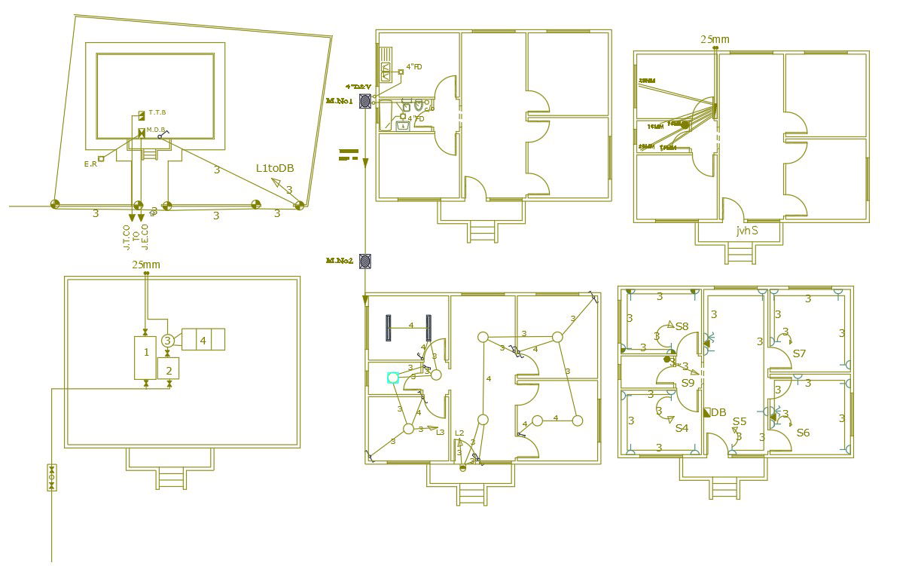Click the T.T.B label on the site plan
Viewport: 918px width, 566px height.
(157, 112)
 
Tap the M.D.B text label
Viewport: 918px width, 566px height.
(156, 130)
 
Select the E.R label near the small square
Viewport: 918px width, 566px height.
(90, 164)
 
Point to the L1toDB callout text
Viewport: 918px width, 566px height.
(274, 168)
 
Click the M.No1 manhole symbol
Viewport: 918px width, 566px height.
(365, 100)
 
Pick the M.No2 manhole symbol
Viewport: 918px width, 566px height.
(365, 261)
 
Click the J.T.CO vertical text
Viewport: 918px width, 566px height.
(127, 237)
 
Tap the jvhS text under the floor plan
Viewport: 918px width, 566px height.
(747, 231)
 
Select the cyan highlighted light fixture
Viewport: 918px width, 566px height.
(392, 378)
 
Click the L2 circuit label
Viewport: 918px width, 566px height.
(459, 433)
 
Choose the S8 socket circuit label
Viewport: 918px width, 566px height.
(682, 326)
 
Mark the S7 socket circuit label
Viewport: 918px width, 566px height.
(799, 353)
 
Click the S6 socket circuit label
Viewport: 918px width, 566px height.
(803, 433)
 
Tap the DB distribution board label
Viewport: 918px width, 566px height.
(718, 412)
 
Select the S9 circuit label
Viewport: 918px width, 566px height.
(688, 383)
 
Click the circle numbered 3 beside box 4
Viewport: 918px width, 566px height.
(168, 341)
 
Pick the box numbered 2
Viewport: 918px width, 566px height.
(169, 369)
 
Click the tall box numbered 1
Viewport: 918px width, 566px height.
(146, 352)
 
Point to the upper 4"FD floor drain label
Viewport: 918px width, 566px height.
(414, 67)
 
